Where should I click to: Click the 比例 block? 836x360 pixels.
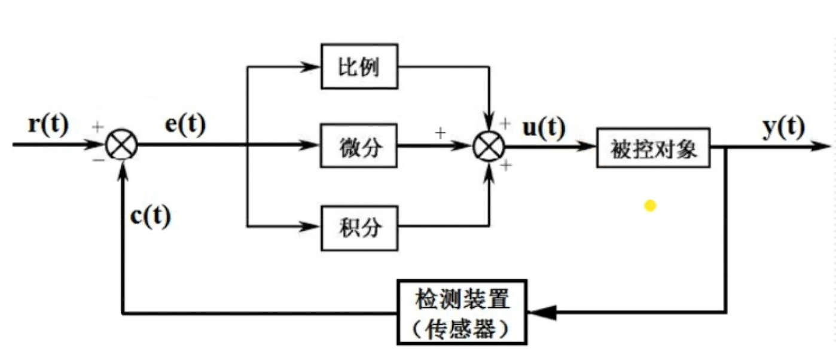tap(359, 66)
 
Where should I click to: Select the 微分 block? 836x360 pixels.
tap(359, 145)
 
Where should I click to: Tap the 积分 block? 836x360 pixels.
tap(359, 227)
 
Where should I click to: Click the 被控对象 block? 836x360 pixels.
tap(653, 147)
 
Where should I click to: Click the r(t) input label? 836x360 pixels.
tap(48, 126)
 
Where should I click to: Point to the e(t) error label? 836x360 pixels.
tap(185, 126)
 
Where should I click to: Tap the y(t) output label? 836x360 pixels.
tap(783, 127)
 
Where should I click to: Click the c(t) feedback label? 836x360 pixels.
tap(150, 216)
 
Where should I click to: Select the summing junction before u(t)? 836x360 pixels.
tap(489, 145)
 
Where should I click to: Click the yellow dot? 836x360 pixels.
tap(650, 206)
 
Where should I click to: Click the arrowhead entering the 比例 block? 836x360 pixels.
tap(311, 66)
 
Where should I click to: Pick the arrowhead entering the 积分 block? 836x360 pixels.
tap(311, 227)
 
